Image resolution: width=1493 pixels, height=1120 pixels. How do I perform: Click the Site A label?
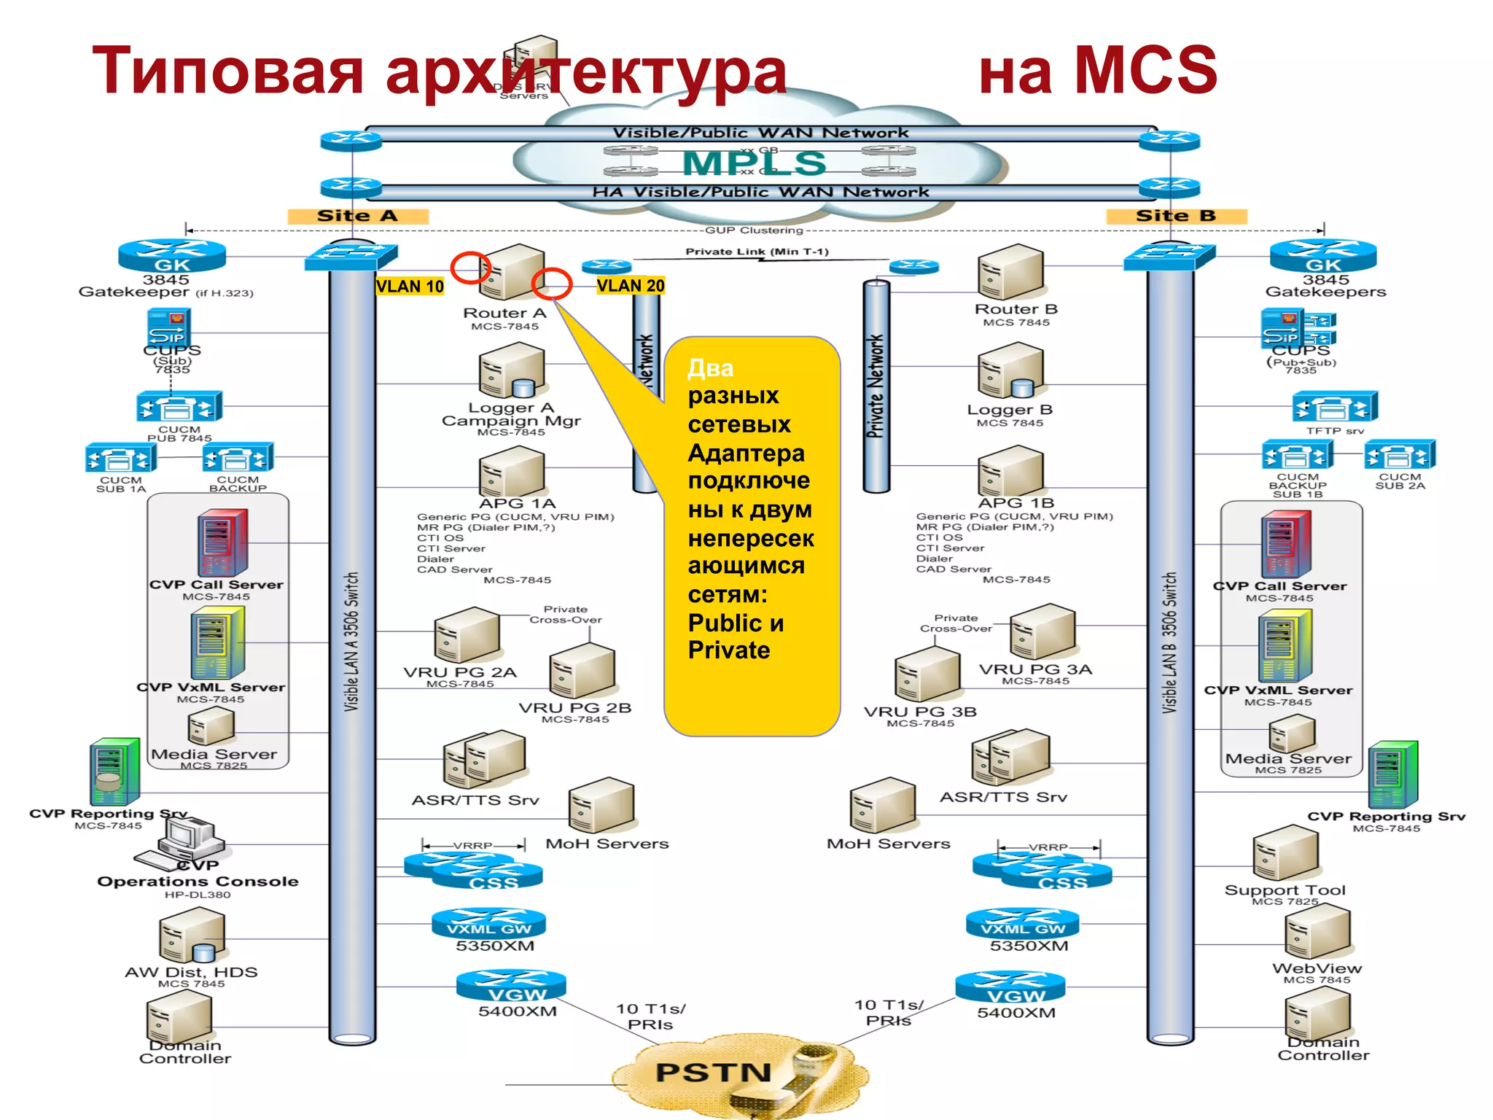(x=357, y=216)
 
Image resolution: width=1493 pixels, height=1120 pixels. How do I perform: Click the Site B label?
(x=1175, y=216)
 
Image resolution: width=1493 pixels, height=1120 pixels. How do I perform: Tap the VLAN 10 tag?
(x=410, y=287)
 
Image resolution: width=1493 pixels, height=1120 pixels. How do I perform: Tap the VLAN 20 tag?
(x=631, y=286)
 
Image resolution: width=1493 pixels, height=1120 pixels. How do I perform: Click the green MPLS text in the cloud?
(x=754, y=163)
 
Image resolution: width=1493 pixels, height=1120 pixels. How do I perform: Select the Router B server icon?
(x=1010, y=271)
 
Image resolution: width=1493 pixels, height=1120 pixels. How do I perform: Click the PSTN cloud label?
(x=713, y=1072)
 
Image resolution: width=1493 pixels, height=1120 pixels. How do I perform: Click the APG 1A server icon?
(x=512, y=472)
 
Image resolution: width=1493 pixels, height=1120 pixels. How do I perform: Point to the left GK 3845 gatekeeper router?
(x=172, y=256)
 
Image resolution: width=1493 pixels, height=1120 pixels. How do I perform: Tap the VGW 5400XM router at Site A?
(x=511, y=987)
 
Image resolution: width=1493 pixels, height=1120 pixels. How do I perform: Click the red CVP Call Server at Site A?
(x=222, y=542)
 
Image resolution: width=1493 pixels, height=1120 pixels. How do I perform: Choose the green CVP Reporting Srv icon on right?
(x=1392, y=774)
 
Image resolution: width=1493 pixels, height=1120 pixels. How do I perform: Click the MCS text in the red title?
(x=1146, y=70)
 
